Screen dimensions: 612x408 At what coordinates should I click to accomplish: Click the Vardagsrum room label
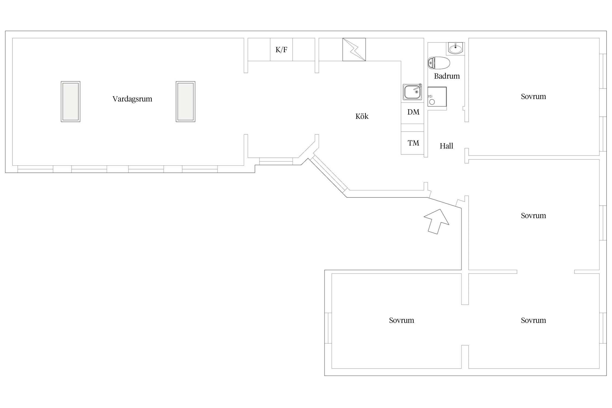click(132, 99)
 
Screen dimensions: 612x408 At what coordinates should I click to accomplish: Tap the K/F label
click(281, 50)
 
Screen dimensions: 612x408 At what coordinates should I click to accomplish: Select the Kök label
click(362, 116)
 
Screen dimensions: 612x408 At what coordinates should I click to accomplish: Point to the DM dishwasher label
click(413, 112)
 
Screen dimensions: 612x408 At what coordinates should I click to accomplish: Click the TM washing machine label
click(413, 143)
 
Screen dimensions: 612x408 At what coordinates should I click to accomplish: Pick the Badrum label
click(447, 76)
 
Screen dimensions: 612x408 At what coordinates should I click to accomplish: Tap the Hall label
click(446, 146)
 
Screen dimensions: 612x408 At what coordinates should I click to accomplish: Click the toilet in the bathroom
click(439, 63)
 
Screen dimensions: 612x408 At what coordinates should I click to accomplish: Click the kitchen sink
click(412, 92)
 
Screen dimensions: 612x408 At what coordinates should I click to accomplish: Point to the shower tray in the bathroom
click(437, 97)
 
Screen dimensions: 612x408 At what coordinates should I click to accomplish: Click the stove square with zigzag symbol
click(354, 50)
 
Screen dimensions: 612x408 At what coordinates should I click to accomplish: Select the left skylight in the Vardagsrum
click(70, 101)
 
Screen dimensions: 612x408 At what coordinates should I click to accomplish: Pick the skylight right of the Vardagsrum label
click(186, 101)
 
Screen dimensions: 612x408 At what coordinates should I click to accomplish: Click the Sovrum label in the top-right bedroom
click(533, 96)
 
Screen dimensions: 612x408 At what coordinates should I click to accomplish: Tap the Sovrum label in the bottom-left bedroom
click(401, 320)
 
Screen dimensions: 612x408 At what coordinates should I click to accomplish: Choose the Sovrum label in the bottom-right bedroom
click(533, 320)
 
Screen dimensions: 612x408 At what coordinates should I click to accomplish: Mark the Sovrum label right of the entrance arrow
click(533, 215)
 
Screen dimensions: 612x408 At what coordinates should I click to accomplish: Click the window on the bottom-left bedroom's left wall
click(328, 328)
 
